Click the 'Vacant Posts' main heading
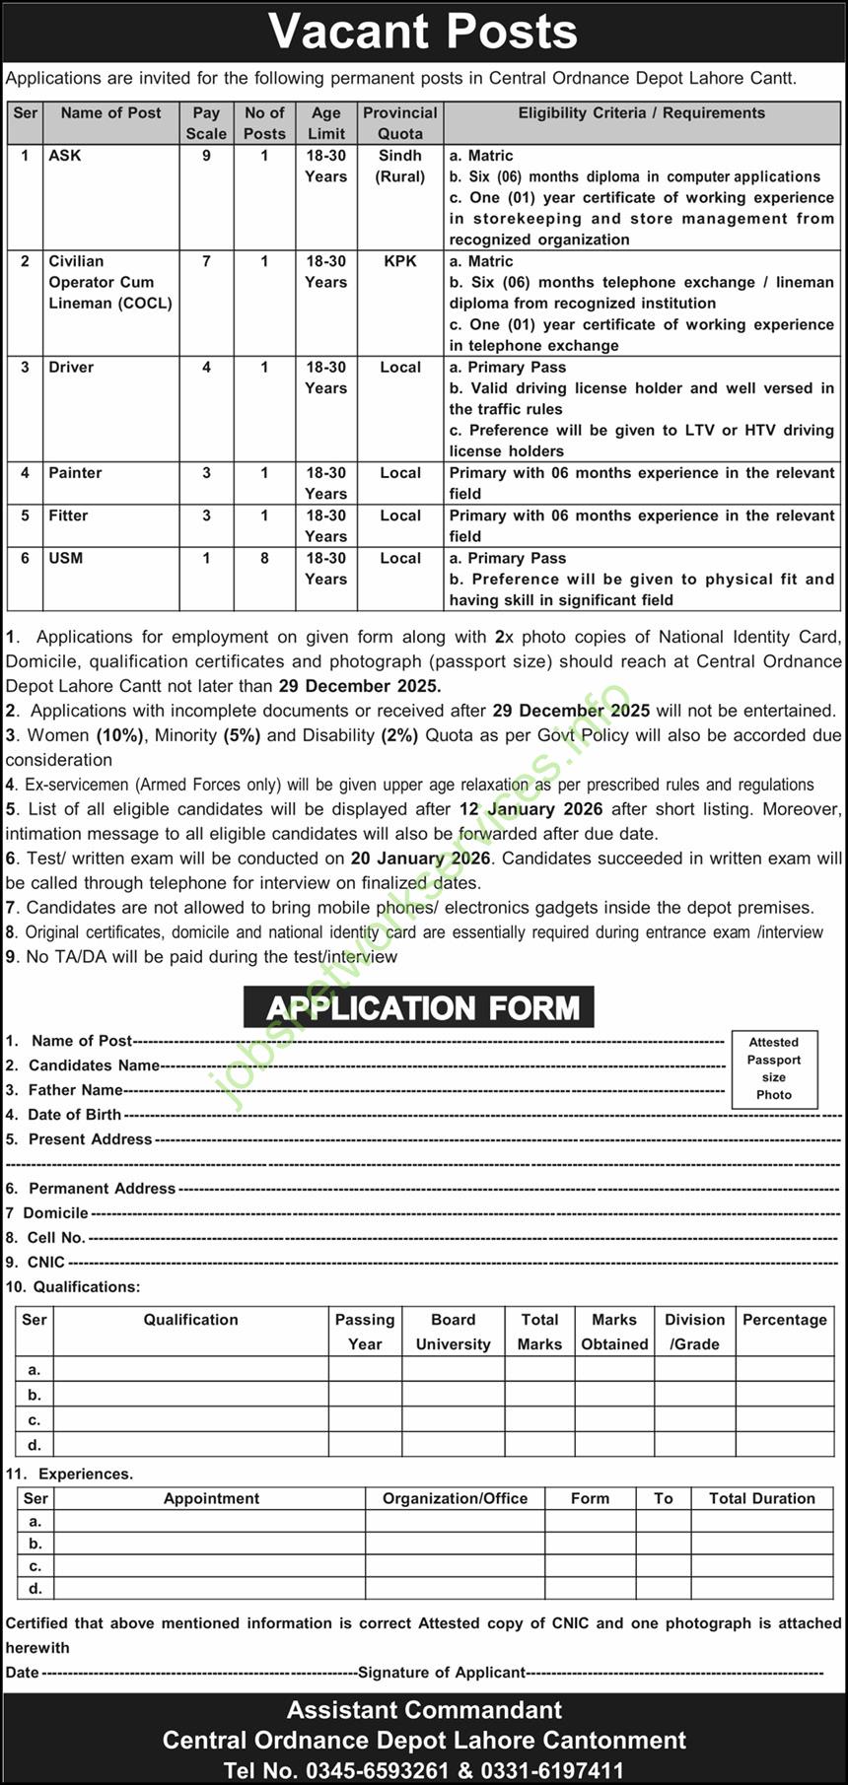(423, 33)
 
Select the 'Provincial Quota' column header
(399, 123)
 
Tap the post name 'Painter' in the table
(75, 473)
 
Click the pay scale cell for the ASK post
(206, 156)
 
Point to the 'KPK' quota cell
(399, 261)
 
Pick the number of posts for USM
(264, 558)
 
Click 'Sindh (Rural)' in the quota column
(399, 166)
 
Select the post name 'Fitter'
(68, 515)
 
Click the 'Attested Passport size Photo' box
(774, 1068)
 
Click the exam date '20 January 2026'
(420, 858)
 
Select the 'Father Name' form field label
(75, 1090)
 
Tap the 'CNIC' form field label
(46, 1263)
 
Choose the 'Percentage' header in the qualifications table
(784, 1320)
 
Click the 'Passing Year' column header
(364, 1332)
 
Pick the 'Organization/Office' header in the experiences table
(455, 1498)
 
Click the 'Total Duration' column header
(761, 1498)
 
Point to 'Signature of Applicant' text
(441, 1673)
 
